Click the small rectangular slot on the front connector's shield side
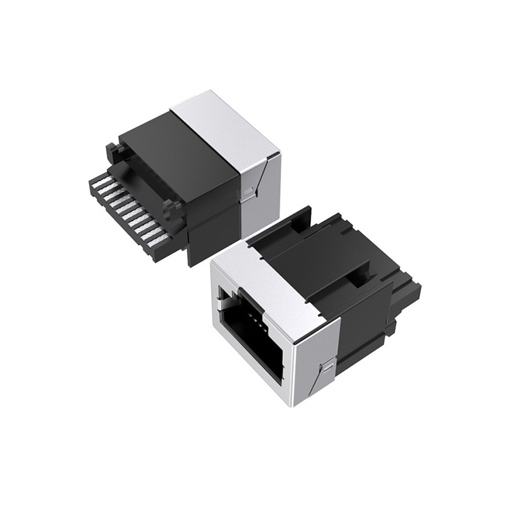pyautogui.click(x=327, y=366)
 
